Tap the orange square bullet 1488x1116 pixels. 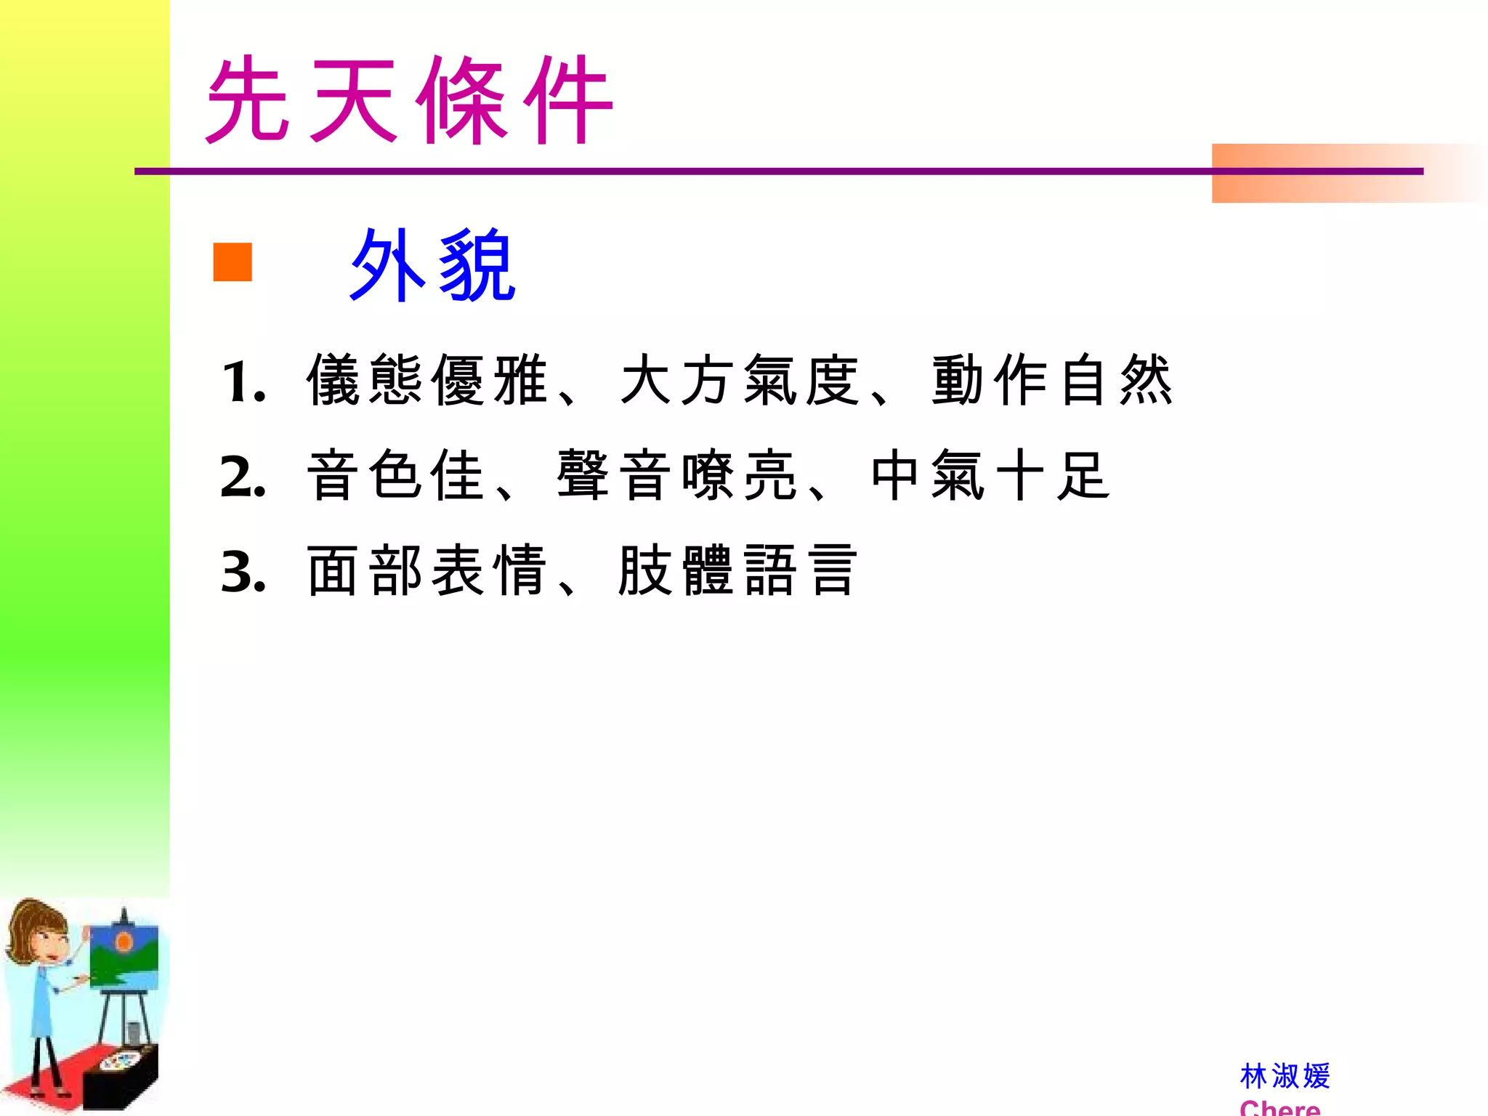232,262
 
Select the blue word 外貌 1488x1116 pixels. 432,264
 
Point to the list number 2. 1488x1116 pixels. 243,478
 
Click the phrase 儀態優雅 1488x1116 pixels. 426,380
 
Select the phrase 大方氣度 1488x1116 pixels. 740,380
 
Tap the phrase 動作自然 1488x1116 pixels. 1052,380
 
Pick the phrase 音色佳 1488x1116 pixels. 395,476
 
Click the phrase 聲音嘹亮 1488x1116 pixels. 676,476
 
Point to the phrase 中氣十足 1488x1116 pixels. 990,476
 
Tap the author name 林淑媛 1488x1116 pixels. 1285,1076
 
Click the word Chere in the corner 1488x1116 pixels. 1279,1107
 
